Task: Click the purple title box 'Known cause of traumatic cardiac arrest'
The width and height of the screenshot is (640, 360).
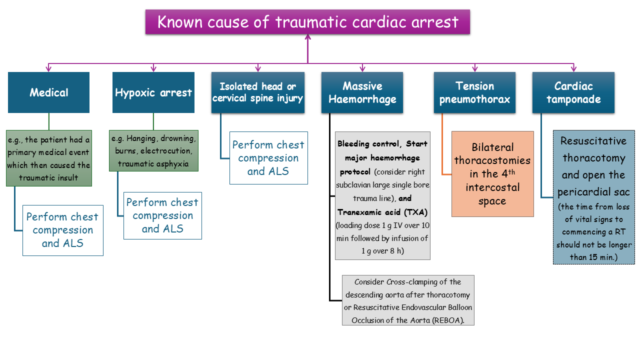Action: (307, 22)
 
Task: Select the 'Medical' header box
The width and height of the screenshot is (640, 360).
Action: (48, 92)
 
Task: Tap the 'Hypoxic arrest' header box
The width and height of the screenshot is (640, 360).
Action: (153, 92)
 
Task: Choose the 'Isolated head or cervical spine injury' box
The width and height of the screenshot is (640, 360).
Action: (258, 92)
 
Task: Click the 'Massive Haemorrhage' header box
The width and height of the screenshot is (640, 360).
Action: (362, 92)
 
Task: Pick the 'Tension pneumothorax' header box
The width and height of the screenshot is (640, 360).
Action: (474, 92)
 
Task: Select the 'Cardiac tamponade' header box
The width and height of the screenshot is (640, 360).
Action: (573, 92)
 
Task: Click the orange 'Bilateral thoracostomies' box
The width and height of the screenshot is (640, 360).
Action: (492, 174)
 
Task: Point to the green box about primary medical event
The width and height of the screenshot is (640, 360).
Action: (49, 158)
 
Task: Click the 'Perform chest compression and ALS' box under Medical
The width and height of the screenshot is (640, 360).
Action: (62, 230)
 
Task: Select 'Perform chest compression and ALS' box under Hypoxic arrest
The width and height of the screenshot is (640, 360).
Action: (162, 215)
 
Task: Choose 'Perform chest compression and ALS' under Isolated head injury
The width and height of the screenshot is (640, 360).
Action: (268, 158)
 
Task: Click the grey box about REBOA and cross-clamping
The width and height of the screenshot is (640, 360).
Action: (408, 300)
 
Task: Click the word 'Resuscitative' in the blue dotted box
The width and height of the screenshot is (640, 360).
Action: (593, 141)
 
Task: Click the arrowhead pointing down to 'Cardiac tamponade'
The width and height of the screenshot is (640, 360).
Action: (573, 68)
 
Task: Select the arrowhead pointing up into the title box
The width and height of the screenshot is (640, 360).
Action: (307, 37)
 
